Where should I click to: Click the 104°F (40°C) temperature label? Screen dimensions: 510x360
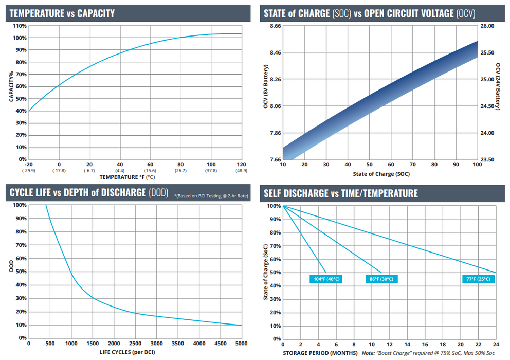(326, 279)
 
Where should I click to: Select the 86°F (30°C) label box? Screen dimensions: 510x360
(381, 279)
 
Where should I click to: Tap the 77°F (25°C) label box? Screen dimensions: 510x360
(478, 279)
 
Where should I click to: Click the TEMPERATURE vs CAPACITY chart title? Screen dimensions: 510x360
(62, 13)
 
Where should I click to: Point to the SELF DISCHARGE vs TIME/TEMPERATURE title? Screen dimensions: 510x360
(340, 193)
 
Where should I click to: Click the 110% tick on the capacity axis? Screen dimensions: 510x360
(20, 26)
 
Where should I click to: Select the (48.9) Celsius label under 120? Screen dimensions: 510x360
(241, 171)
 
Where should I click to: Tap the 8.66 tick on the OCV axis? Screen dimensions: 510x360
(275, 26)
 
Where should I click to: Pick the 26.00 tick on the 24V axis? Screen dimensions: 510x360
(487, 26)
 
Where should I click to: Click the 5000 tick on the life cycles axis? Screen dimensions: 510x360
(241, 344)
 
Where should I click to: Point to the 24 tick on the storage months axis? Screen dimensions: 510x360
(496, 345)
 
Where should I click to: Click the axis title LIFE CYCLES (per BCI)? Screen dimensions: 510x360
(127, 352)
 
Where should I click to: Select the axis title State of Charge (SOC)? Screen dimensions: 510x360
(381, 174)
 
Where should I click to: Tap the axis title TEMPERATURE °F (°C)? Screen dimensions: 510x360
(127, 177)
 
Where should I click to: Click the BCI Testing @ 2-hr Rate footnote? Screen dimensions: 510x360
(211, 196)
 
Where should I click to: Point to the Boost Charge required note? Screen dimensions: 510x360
(428, 353)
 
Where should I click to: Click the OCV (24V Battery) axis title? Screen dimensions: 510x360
(498, 86)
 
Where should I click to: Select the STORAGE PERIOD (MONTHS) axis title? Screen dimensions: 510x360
(320, 353)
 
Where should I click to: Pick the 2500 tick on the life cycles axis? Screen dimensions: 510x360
(135, 344)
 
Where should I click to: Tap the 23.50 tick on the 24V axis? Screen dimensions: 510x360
(487, 159)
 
